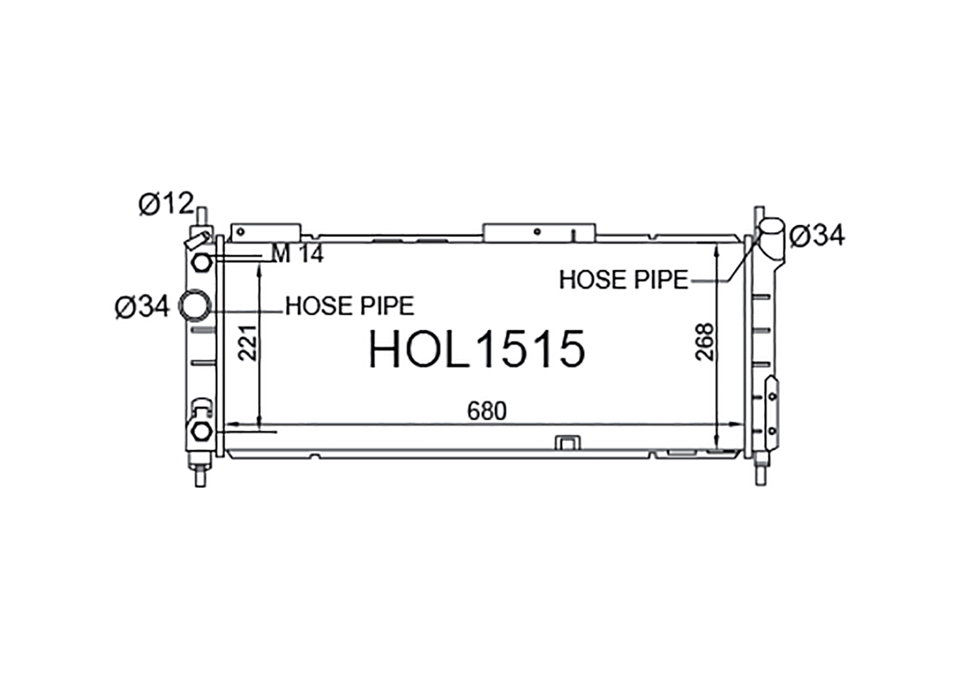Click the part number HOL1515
(476, 349)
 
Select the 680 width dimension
(487, 411)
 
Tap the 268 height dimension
(705, 342)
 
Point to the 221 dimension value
(248, 343)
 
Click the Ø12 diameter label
(166, 203)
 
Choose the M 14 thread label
(297, 253)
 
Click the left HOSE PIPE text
(349, 306)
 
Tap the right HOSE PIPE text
(623, 280)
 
